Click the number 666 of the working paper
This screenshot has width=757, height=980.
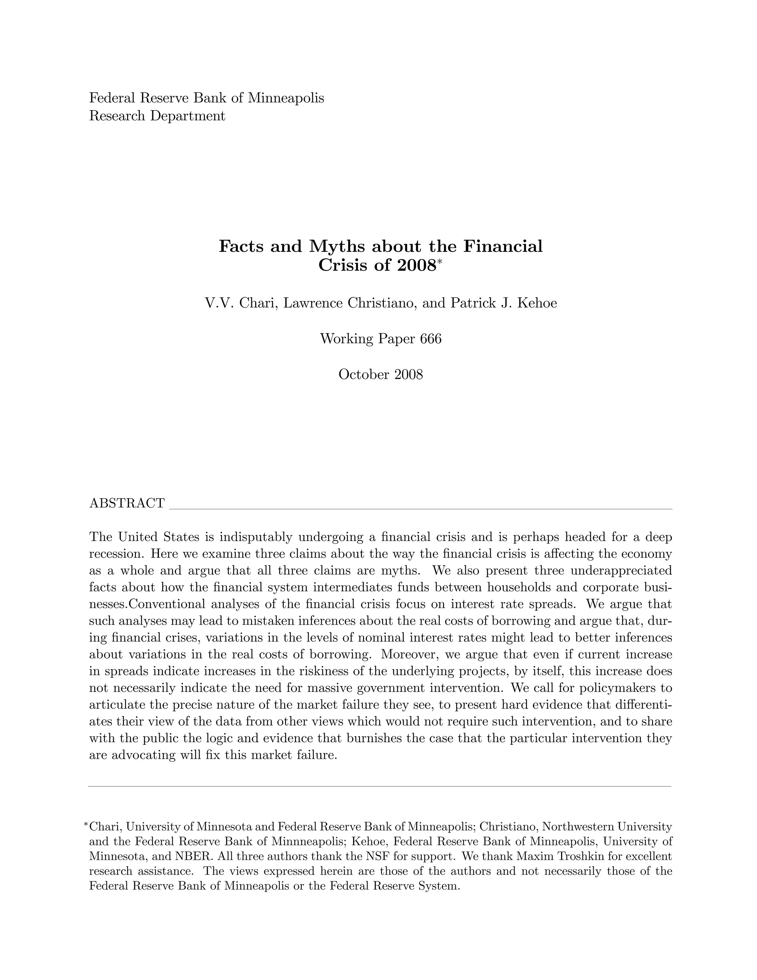pyautogui.click(x=431, y=339)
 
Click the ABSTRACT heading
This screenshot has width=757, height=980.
pyautogui.click(x=127, y=503)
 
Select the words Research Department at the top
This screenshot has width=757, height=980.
pyautogui.click(x=157, y=116)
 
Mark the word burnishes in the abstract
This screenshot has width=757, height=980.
pyautogui.click(x=374, y=738)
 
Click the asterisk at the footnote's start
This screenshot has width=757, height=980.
pyautogui.click(x=86, y=825)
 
